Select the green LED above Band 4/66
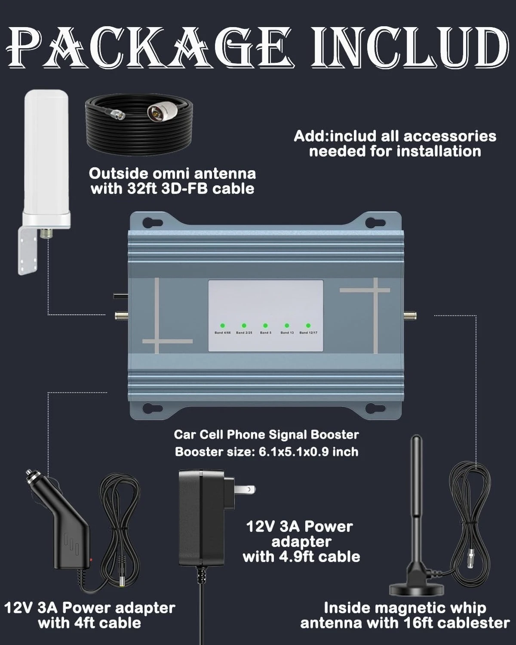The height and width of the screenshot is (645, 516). [x=223, y=326]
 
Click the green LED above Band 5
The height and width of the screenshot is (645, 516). [x=265, y=326]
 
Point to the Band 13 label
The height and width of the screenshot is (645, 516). [x=287, y=333]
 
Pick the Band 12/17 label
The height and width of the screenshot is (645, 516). [x=308, y=333]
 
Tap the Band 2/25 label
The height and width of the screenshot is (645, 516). [x=244, y=333]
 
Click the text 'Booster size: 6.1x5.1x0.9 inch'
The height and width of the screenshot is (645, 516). [x=267, y=451]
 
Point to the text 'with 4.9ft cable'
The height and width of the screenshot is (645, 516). [x=301, y=556]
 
